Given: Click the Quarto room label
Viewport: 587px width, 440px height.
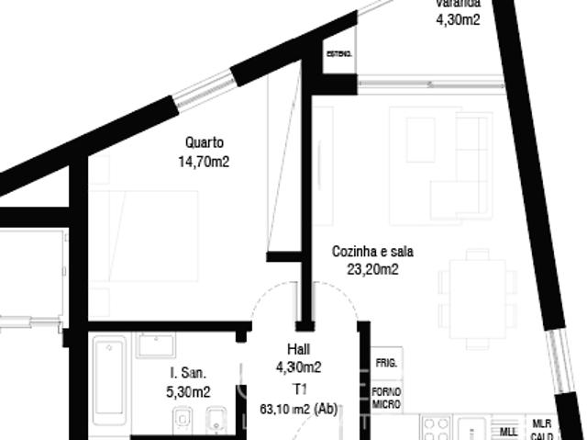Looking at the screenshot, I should tap(204, 142).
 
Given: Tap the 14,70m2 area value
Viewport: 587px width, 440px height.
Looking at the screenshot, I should tap(204, 162).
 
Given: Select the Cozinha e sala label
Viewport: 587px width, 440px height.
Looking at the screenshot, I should tap(371, 251).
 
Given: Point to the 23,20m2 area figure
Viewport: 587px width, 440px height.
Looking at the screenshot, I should tap(371, 269).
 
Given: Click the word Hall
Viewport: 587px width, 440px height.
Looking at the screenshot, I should tap(299, 350).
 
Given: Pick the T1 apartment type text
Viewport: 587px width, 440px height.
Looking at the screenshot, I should tap(299, 389).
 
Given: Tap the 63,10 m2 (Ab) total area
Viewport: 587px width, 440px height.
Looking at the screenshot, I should tap(299, 410).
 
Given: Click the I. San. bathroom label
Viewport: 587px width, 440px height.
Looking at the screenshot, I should tap(189, 373).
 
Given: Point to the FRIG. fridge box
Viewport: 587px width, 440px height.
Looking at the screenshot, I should tap(386, 364).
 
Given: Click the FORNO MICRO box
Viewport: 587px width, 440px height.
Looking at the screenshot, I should tap(386, 398).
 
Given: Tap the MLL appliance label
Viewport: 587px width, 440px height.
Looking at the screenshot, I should tap(508, 430).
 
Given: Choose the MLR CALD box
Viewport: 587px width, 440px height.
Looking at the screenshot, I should tap(541, 430).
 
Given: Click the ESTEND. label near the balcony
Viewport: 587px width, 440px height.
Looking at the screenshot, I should tap(338, 55).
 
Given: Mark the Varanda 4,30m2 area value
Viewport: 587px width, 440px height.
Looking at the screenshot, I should tap(458, 18).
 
